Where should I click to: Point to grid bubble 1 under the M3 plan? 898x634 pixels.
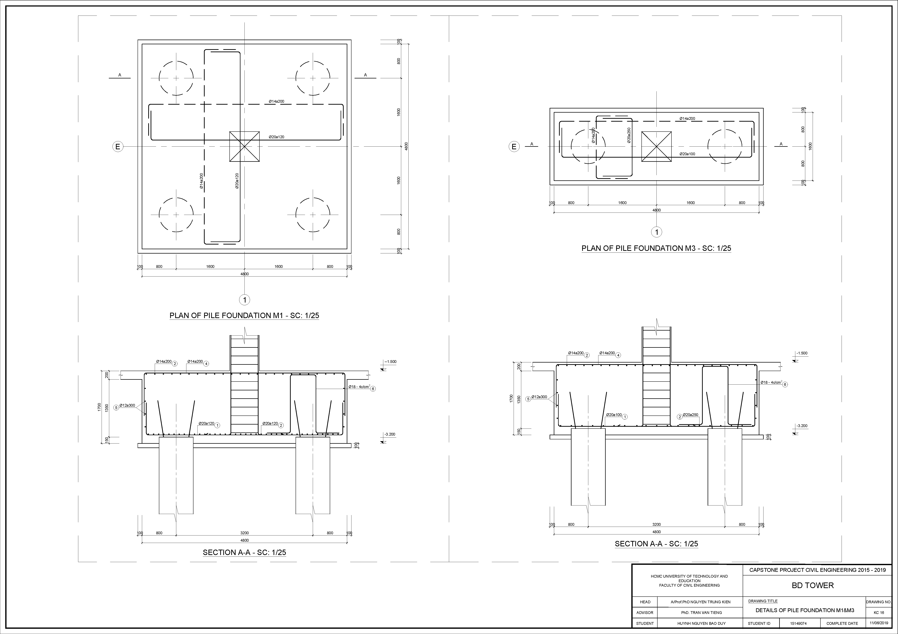point(656,232)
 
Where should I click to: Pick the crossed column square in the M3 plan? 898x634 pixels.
point(656,147)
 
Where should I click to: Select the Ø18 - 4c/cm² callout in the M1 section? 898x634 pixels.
point(359,387)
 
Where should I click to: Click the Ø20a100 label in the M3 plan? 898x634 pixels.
point(687,154)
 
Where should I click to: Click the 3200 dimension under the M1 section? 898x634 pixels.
point(244,533)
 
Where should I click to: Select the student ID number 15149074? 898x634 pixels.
point(798,624)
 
